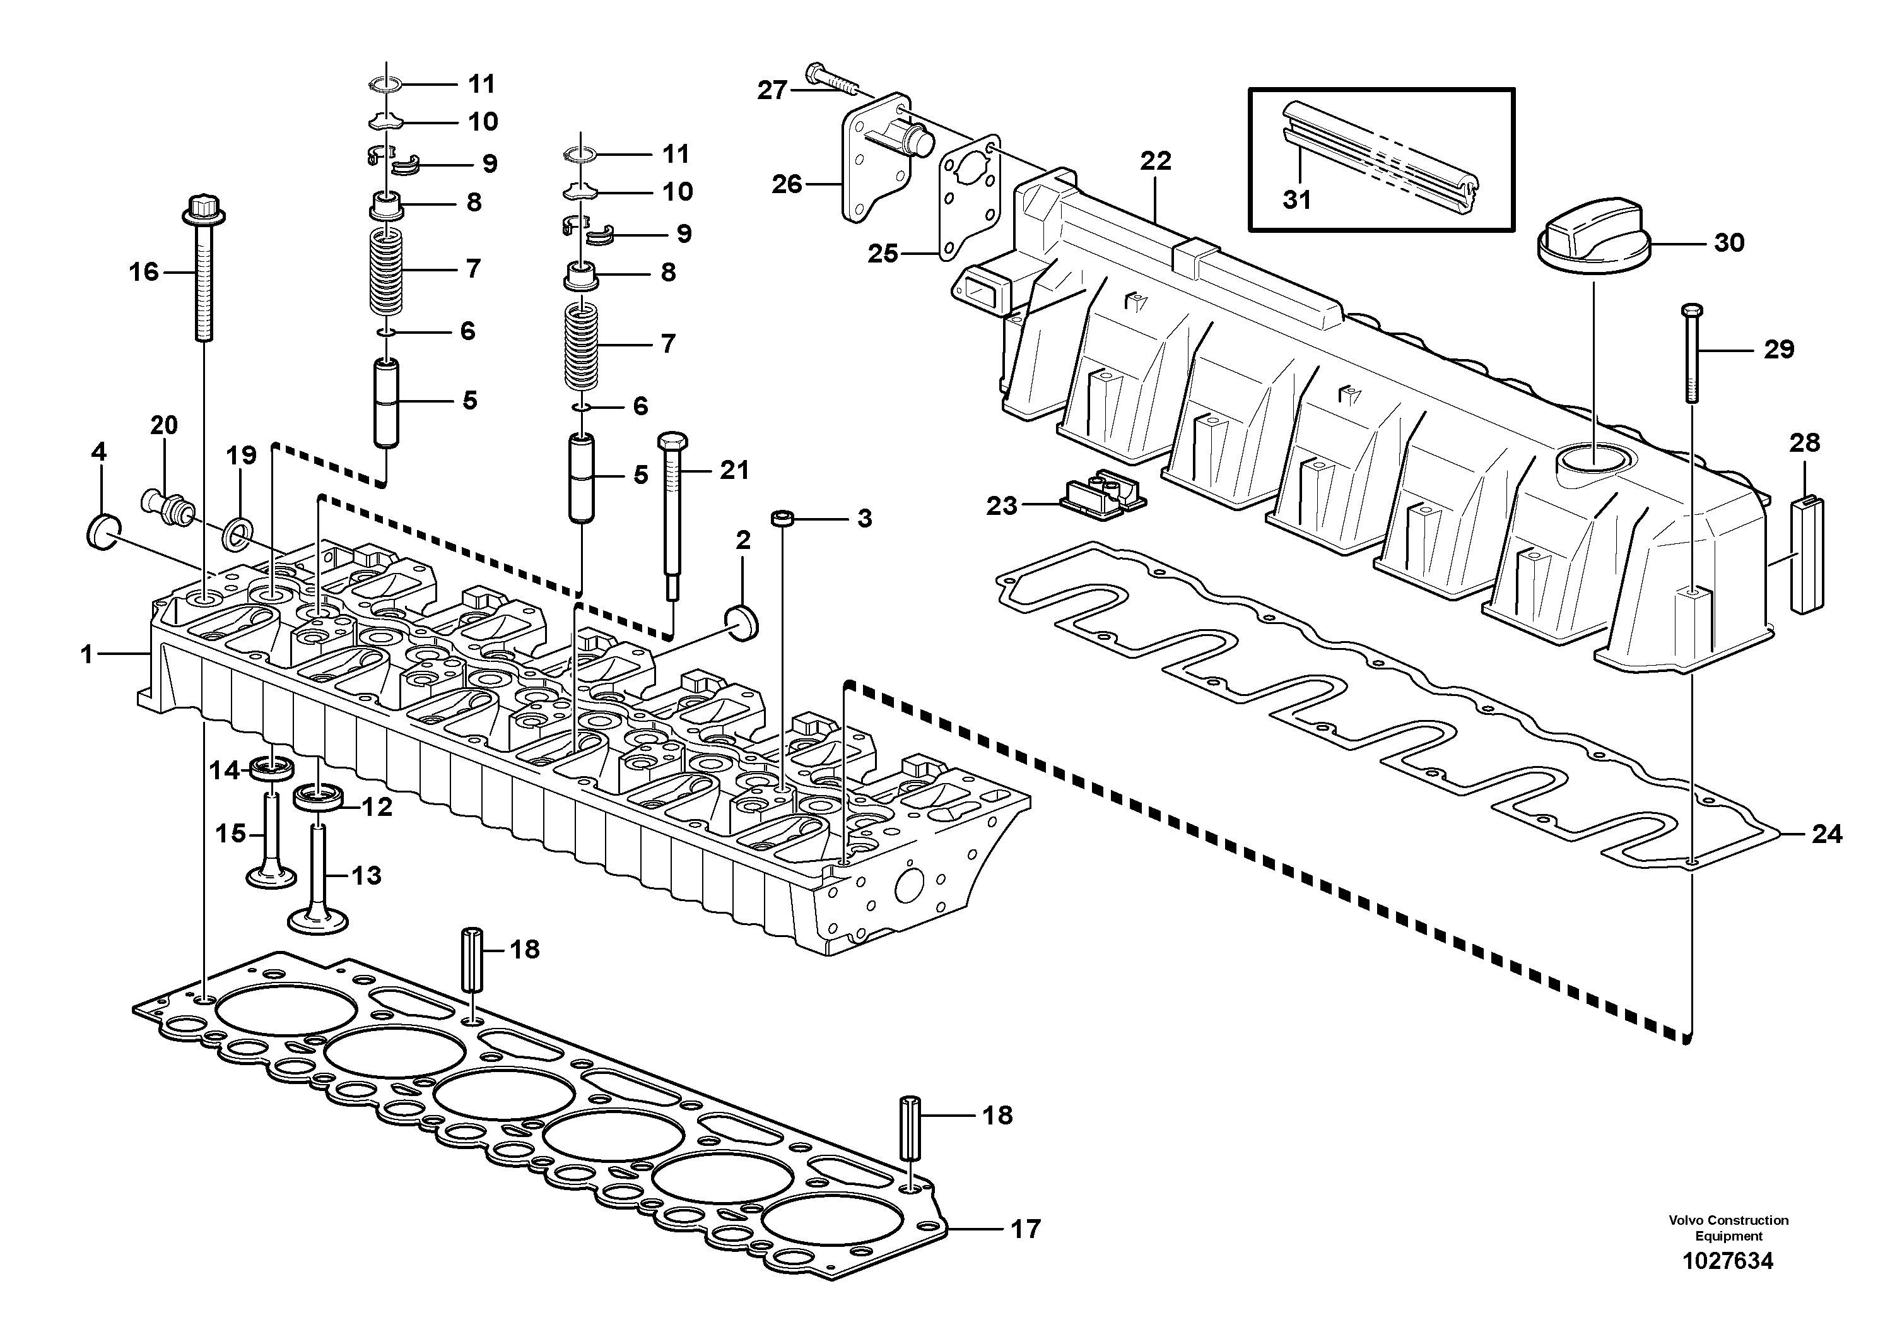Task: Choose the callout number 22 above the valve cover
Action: click(1156, 161)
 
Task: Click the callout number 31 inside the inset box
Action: click(1296, 199)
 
